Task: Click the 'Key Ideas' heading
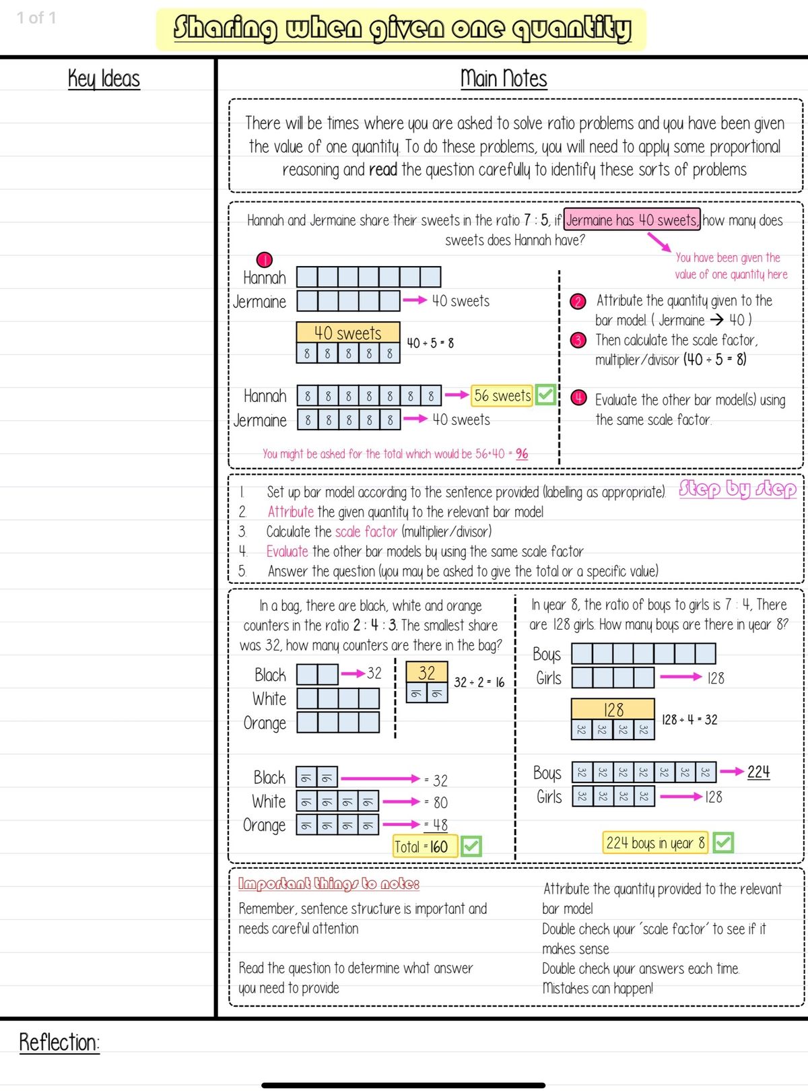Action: coord(104,79)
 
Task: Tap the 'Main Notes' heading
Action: coord(504,79)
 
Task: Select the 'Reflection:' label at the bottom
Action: coord(59,1042)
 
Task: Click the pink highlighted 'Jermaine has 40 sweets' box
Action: coord(632,220)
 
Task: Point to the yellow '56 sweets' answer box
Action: coord(502,395)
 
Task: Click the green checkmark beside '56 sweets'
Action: coord(545,395)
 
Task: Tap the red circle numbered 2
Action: coord(577,302)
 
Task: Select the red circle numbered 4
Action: coord(578,397)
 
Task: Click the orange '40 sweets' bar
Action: coord(347,333)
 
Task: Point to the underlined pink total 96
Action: coord(522,453)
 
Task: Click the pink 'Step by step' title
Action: coord(737,489)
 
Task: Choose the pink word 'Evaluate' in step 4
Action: coord(288,552)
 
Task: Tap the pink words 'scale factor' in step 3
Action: coord(366,532)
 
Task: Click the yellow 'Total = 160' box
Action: coord(425,847)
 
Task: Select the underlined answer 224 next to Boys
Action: coord(758,772)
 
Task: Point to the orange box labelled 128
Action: coord(613,709)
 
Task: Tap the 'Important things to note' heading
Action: coord(329,884)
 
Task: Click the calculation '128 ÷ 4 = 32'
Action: coord(689,720)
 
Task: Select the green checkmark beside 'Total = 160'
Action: coord(471,846)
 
